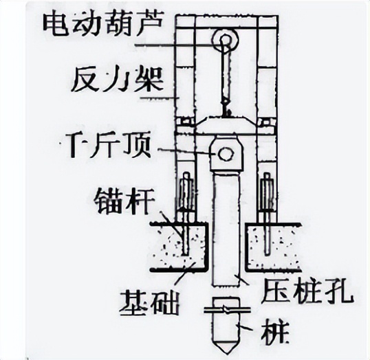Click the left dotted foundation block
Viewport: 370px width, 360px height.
coord(181,245)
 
